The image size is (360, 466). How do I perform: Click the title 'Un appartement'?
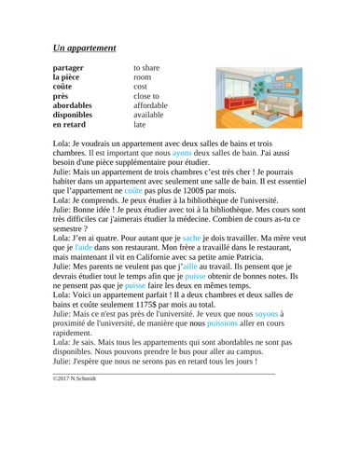point(84,46)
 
